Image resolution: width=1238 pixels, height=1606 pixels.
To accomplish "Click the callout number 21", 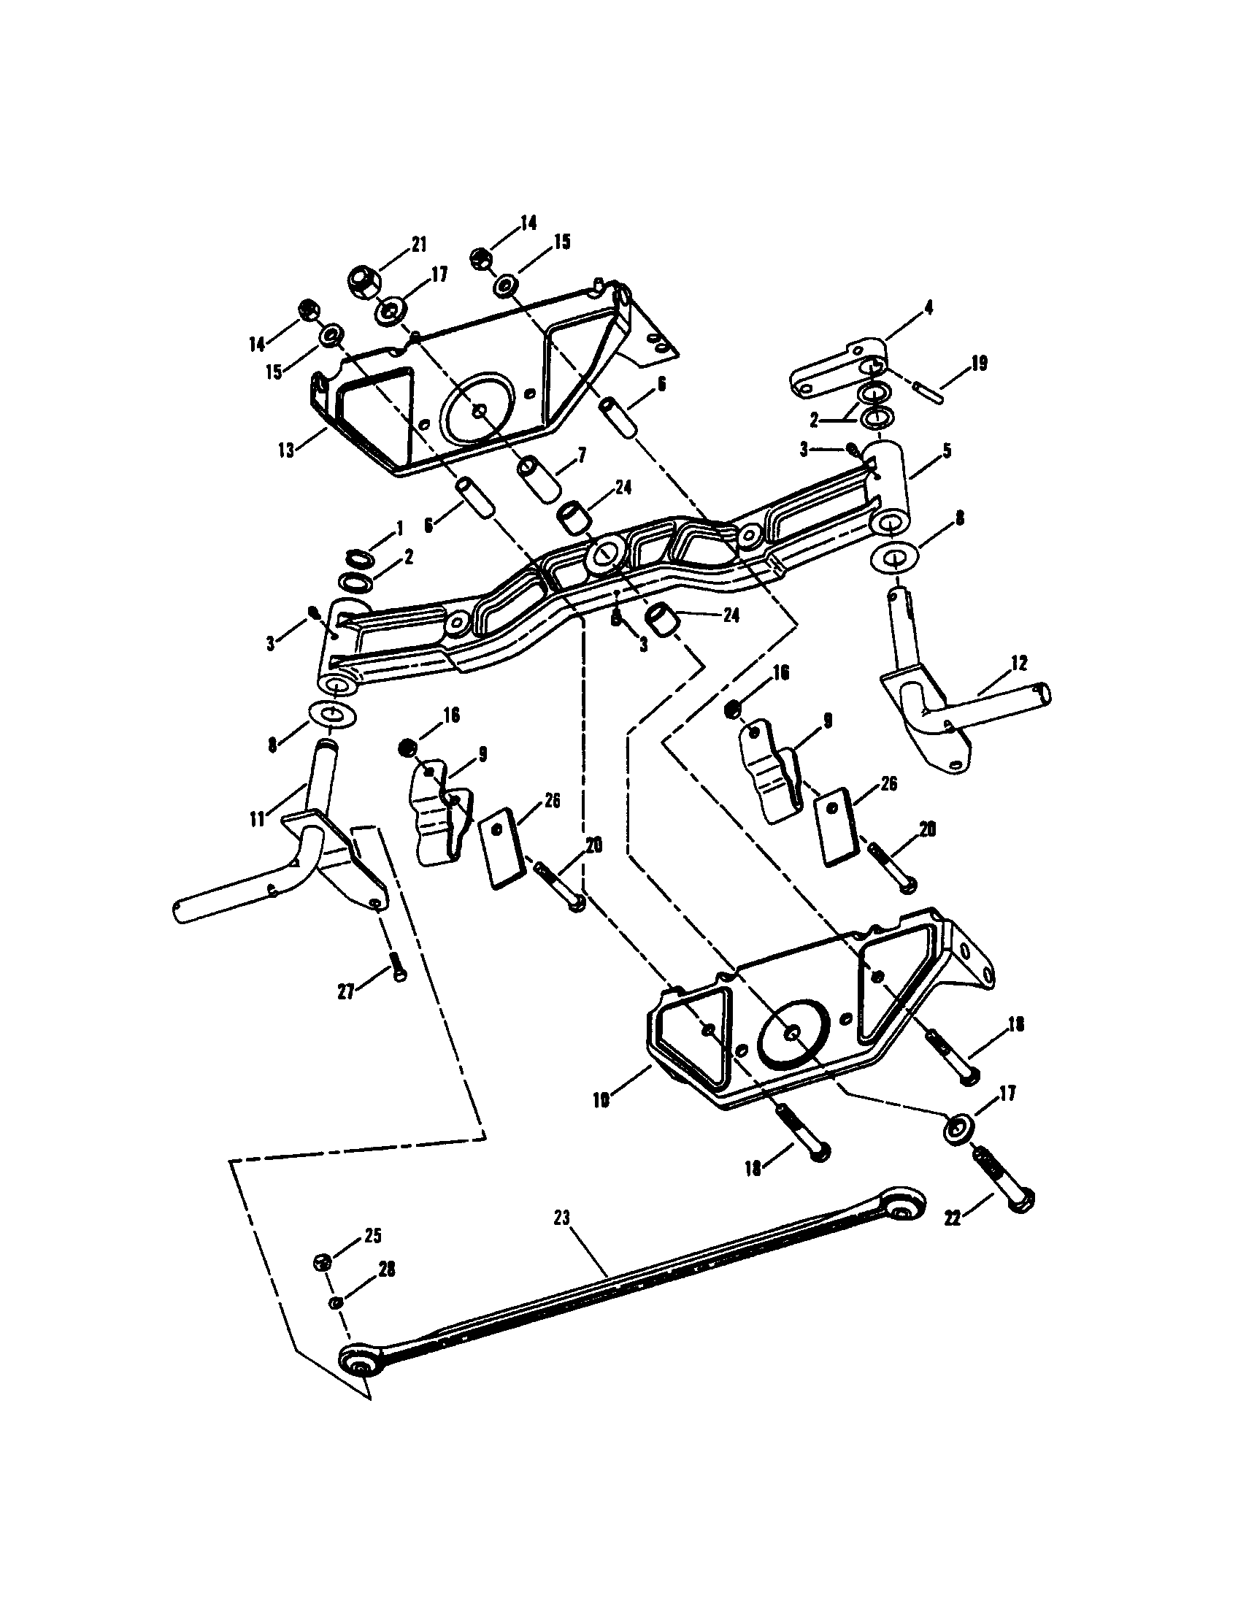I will (419, 245).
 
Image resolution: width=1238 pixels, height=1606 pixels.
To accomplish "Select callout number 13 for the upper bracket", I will (286, 449).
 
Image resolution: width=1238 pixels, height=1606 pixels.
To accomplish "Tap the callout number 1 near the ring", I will (400, 528).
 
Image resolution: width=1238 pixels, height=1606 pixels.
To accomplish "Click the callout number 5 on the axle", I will (947, 450).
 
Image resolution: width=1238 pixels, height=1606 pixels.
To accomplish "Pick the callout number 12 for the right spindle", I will (1019, 662).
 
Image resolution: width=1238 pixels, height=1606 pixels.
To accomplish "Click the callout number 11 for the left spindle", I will (256, 818).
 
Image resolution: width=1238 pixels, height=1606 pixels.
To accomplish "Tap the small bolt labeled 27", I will (397, 965).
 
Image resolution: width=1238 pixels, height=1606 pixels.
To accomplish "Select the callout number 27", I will (346, 992).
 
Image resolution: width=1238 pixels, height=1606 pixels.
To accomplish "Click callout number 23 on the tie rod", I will (561, 1218).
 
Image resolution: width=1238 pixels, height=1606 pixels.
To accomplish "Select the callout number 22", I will (953, 1218).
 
